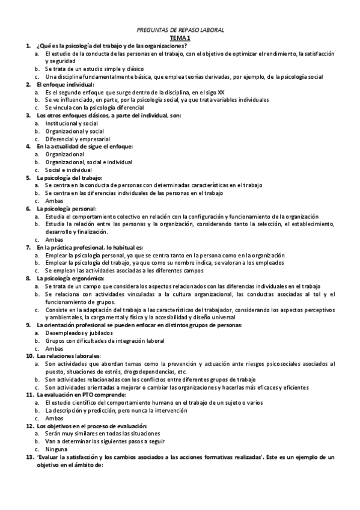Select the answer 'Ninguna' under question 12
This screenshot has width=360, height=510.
pyautogui.click(x=56, y=449)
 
